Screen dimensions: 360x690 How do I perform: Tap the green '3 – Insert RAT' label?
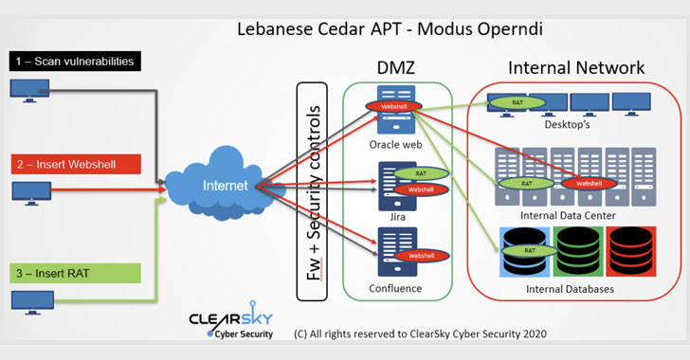(76, 273)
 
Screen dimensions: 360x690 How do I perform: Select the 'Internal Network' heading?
(576, 68)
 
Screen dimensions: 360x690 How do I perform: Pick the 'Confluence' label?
(396, 288)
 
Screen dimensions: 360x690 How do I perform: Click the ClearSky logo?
(231, 322)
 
